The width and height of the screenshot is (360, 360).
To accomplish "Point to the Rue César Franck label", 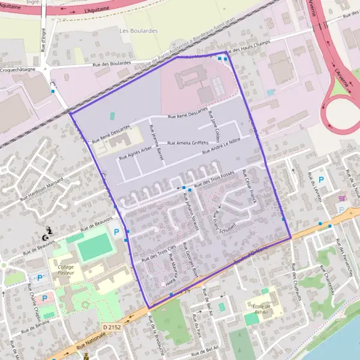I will pyautogui.click(x=249, y=187).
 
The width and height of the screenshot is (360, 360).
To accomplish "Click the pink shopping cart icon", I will pyautogui.click(x=342, y=197).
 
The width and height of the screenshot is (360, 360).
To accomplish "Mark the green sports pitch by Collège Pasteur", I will pyautogui.click(x=95, y=247).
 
